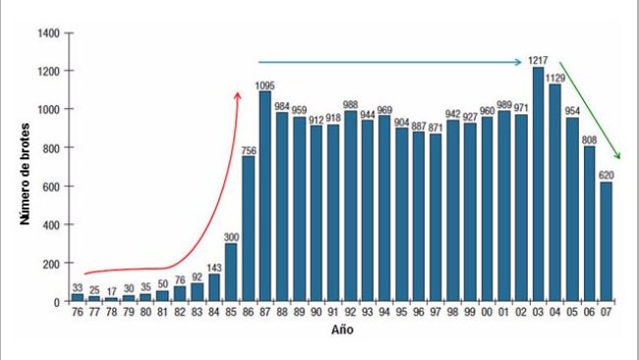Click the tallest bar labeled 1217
coord(537,184)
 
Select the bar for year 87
coord(264,196)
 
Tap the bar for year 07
coord(607,241)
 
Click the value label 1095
coord(264,85)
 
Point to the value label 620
coord(607,175)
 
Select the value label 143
coord(213,268)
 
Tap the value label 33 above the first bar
coord(77,287)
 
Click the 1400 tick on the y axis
coord(50,33)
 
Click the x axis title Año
coord(341,330)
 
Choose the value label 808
coord(589,140)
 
